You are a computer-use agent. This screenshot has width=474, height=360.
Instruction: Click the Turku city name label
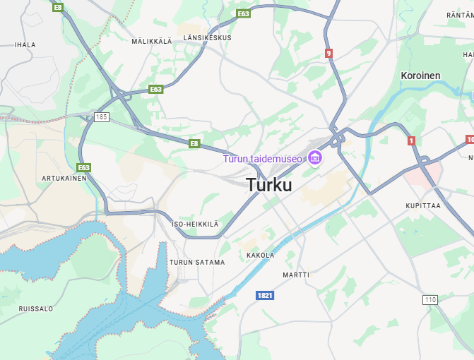(268, 185)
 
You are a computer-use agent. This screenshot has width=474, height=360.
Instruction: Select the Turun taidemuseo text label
(263, 159)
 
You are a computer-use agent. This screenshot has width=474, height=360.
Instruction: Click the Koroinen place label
(420, 76)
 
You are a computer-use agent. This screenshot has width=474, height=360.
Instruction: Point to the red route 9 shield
(328, 53)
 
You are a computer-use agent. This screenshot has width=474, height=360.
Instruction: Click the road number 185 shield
(102, 116)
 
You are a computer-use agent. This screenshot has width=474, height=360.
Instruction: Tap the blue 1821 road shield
(265, 294)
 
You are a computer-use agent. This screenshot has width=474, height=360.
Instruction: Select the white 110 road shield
(430, 300)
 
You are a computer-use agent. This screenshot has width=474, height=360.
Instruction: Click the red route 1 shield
(412, 141)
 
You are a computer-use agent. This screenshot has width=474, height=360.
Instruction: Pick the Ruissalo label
(36, 309)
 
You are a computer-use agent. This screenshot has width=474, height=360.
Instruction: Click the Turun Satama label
(197, 263)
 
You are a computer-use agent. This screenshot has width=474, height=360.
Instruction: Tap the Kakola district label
(260, 256)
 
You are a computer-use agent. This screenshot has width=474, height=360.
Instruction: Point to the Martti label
(296, 275)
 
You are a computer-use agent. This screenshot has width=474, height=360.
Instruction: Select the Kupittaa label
(423, 206)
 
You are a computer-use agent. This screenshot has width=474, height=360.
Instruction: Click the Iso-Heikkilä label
(195, 224)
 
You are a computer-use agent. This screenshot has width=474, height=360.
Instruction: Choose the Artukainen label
(64, 179)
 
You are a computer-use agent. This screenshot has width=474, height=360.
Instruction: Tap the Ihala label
(25, 44)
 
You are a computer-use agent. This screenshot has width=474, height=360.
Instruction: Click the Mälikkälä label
(152, 42)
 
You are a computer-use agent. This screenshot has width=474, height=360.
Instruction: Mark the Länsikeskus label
(207, 38)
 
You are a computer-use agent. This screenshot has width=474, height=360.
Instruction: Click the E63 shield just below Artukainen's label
(84, 167)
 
